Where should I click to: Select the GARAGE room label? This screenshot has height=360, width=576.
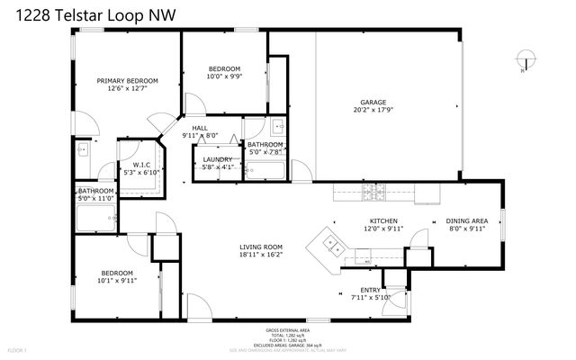pos(373,103)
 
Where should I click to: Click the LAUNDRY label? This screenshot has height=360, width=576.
pos(217,159)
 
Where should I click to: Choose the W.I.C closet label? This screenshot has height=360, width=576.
pos(141,165)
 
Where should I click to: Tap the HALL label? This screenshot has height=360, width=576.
pos(200,129)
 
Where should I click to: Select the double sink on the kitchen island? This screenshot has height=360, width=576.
pos(330,241)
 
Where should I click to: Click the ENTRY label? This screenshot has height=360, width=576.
pos(370,290)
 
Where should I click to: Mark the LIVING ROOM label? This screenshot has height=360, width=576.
pos(261,247)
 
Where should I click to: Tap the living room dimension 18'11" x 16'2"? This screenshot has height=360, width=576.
pos(261,256)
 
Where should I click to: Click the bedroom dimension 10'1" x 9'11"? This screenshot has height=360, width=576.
pos(117,281)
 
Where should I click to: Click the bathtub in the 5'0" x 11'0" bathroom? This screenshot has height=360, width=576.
pos(95,219)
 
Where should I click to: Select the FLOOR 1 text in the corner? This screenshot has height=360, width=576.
pos(18,349)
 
